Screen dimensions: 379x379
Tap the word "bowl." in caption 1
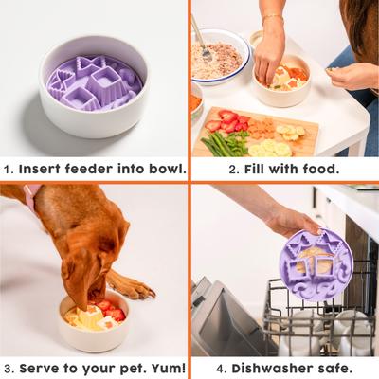pyautogui.click(x=165, y=171)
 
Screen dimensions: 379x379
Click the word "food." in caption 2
pyautogui.click(x=319, y=171)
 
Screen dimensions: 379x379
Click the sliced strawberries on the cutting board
pyautogui.click(x=226, y=120)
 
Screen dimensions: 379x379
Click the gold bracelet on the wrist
pyautogui.click(x=272, y=18)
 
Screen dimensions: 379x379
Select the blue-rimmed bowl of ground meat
pyautogui.click(x=220, y=59)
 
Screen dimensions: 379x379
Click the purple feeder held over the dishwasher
pyautogui.click(x=316, y=264)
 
